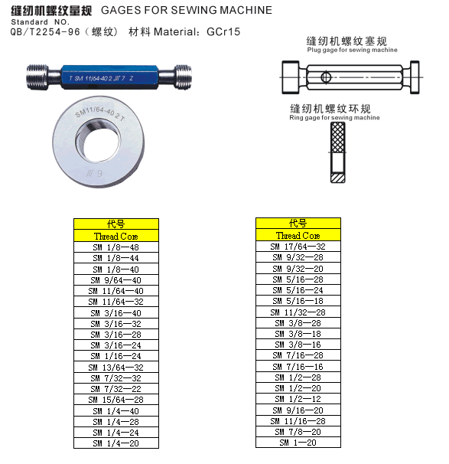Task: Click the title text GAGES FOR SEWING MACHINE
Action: click(186, 11)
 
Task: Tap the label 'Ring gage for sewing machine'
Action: click(334, 118)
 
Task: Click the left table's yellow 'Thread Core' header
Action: click(116, 237)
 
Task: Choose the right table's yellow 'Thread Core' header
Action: click(298, 236)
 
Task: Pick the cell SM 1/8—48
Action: click(116, 248)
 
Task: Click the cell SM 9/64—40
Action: click(116, 280)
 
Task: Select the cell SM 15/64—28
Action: click(116, 400)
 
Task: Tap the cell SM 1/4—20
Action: click(116, 443)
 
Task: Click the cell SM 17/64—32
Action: click(298, 247)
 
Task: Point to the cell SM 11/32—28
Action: click(298, 312)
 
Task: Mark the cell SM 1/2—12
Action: click(298, 400)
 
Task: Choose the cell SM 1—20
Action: click(298, 443)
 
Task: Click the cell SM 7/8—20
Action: click(298, 432)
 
